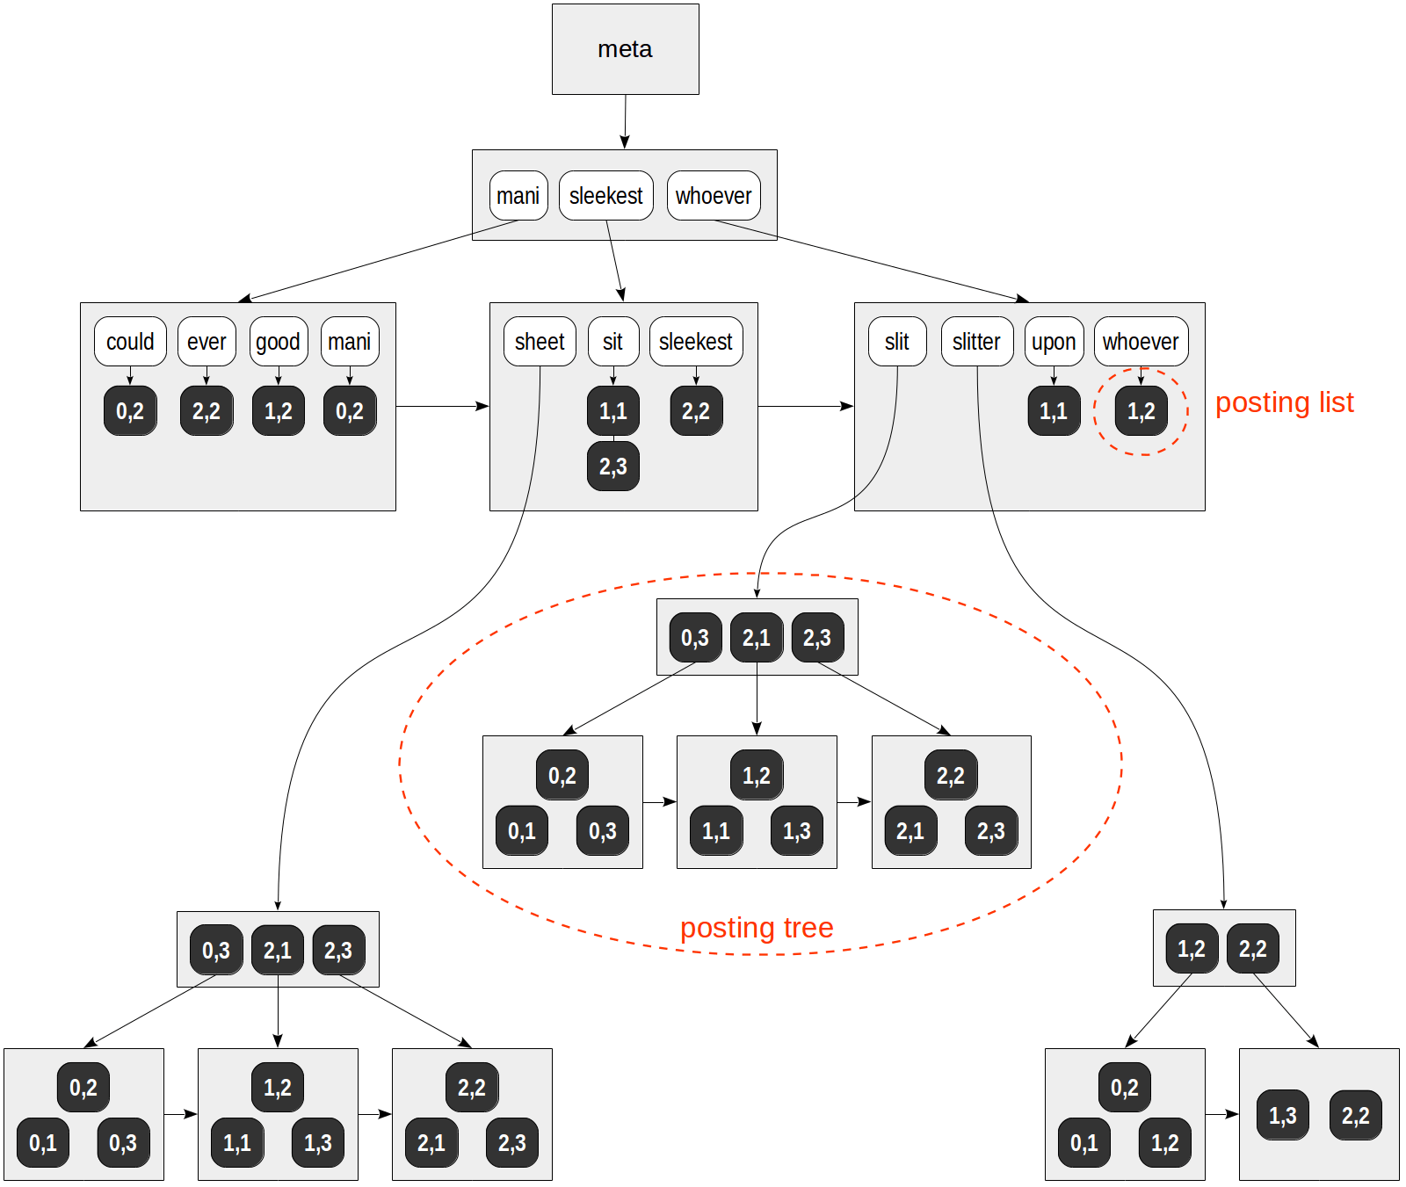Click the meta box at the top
[x=625, y=49]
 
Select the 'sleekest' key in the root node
[x=605, y=195]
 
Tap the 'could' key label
[x=130, y=342]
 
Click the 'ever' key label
[x=207, y=342]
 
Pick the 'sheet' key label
[x=540, y=342]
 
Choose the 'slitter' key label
[x=976, y=342]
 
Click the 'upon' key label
[x=1054, y=342]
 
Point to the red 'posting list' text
[x=1284, y=402]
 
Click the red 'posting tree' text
[x=757, y=928]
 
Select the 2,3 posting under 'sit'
[x=613, y=467]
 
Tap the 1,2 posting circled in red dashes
[x=1141, y=411]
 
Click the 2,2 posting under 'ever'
[x=207, y=411]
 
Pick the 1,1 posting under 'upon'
[x=1054, y=411]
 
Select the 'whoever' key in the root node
[x=714, y=195]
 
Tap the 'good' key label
[x=278, y=342]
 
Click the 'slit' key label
[x=897, y=342]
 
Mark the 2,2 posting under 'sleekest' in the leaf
[x=696, y=411]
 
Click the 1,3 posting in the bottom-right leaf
[x=1282, y=1116]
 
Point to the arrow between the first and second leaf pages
[x=442, y=406]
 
